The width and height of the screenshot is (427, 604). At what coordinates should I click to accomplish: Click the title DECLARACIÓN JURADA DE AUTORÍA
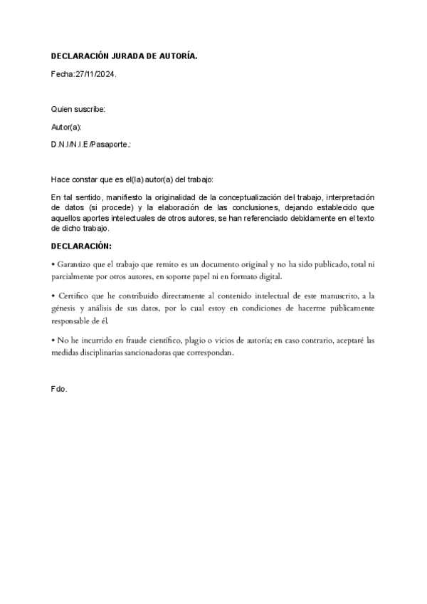pyautogui.click(x=125, y=56)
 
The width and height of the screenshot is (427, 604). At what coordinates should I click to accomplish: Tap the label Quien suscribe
pyautogui.click(x=78, y=109)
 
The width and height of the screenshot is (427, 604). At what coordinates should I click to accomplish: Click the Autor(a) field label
pyautogui.click(x=67, y=126)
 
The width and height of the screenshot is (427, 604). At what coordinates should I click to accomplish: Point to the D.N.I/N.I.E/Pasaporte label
pyautogui.click(x=91, y=144)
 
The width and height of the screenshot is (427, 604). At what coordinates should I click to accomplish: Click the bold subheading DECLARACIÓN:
pyautogui.click(x=81, y=246)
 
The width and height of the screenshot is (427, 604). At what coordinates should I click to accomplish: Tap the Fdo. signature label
pyautogui.click(x=59, y=390)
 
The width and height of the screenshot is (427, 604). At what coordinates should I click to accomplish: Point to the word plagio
pyautogui.click(x=209, y=340)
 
